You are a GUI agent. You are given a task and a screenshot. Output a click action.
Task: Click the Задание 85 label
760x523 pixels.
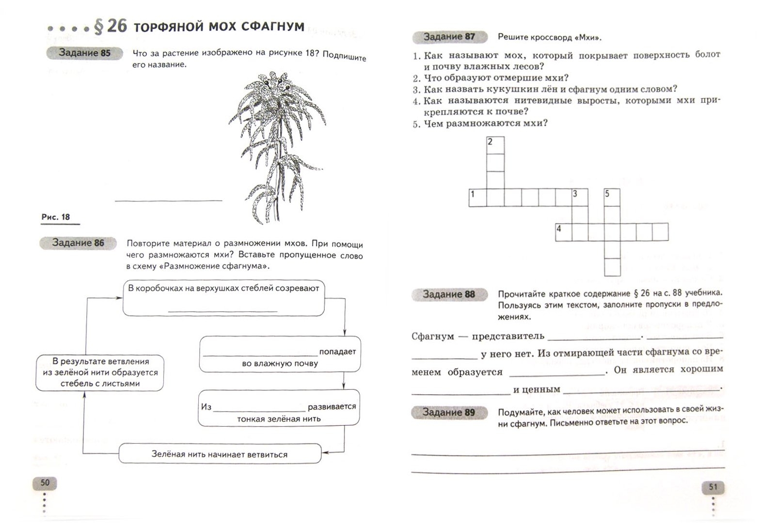85,53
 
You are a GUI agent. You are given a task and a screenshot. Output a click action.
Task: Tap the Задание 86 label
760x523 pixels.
78,243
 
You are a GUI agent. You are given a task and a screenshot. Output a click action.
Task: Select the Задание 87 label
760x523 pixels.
449,37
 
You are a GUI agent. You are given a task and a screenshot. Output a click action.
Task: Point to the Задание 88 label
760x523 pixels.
449,294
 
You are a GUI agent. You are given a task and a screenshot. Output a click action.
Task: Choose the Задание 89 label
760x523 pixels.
449,413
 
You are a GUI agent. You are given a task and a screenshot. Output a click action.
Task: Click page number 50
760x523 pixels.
45,482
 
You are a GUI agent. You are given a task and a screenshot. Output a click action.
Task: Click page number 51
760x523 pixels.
713,487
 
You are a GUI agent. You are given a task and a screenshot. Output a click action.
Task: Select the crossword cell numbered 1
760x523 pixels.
477,198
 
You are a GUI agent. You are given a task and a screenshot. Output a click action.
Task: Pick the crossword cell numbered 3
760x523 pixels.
580,198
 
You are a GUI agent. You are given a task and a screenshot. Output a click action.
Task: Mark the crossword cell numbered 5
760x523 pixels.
612,198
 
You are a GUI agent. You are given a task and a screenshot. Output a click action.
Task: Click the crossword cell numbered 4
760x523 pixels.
564,232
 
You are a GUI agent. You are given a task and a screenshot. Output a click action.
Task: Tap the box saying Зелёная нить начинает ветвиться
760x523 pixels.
220,454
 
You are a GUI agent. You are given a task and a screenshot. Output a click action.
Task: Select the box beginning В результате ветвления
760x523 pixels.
100,372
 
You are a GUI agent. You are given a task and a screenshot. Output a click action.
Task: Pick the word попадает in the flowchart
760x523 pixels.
337,352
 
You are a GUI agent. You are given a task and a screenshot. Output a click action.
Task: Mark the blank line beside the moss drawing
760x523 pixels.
168,199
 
